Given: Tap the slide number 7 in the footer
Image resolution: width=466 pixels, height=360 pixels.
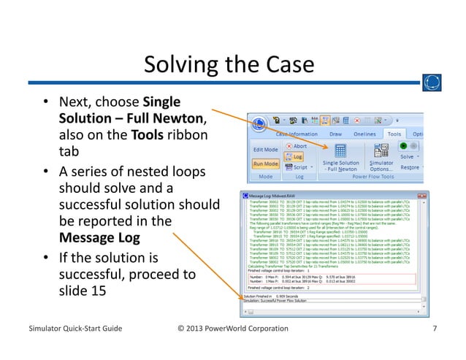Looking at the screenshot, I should pyautogui.click(x=435, y=329).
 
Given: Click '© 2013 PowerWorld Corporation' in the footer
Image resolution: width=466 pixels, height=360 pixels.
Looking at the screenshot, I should pyautogui.click(x=233, y=329).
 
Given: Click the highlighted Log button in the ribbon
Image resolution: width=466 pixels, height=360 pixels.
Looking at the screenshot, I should pyautogui.click(x=297, y=156).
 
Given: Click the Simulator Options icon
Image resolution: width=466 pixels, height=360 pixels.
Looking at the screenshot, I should pyautogui.click(x=381, y=150).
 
